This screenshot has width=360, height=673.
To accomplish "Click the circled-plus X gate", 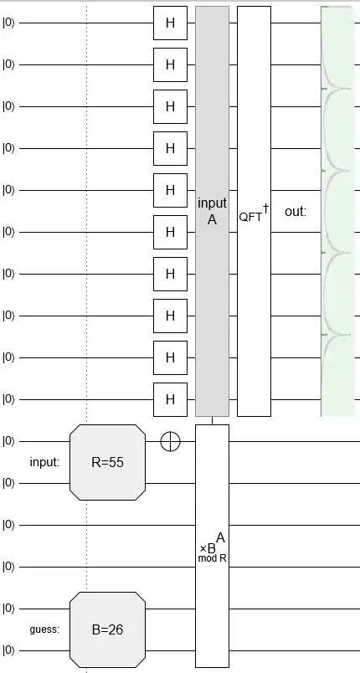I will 170,441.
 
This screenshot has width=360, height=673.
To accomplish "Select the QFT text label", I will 250,216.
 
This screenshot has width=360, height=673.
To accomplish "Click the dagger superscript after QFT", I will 265,208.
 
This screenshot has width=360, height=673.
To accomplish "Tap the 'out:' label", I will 296,212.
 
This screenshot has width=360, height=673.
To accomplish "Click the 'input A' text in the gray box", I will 212,211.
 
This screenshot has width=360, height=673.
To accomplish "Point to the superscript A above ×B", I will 220,537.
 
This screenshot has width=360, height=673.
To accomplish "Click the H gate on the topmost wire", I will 170,23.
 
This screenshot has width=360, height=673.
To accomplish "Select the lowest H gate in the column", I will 170,399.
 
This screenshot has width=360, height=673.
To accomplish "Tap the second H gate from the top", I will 170,64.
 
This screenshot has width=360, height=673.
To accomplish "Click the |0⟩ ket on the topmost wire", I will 9,23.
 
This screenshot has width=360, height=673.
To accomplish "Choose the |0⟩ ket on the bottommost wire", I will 9,650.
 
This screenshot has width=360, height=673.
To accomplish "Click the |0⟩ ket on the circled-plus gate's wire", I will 9,441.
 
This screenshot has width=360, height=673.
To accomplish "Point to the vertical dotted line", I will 87,251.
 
